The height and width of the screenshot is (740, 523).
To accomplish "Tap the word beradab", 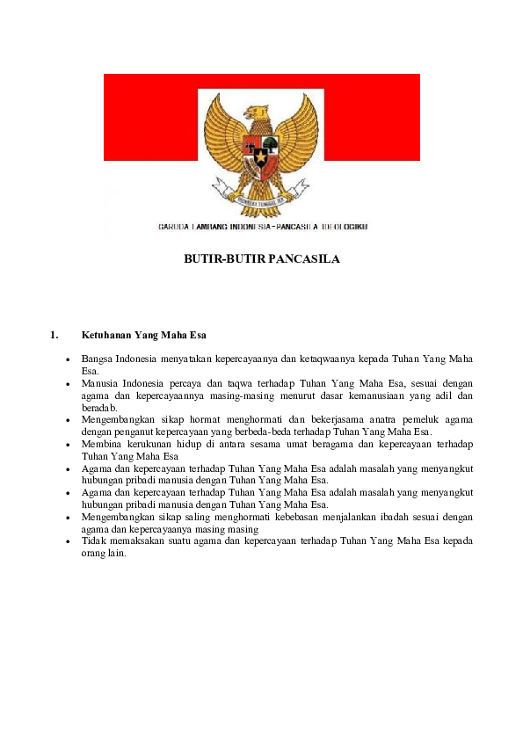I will pos(98,408).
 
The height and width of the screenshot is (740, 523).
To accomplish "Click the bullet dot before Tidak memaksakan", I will pos(68,542).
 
